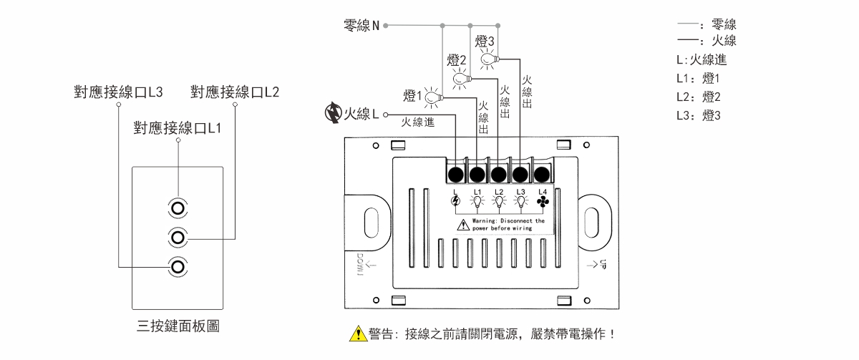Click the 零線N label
[x=361, y=27]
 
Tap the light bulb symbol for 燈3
[x=488, y=59]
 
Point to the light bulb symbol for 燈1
[x=432, y=97]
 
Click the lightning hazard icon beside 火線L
[x=333, y=114]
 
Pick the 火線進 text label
[x=419, y=122]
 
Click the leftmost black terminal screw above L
[x=455, y=173]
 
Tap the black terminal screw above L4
[x=542, y=173]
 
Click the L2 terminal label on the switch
[x=499, y=191]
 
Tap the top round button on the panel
[x=177, y=208]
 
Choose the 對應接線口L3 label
[x=119, y=92]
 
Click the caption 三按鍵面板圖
[x=178, y=326]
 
